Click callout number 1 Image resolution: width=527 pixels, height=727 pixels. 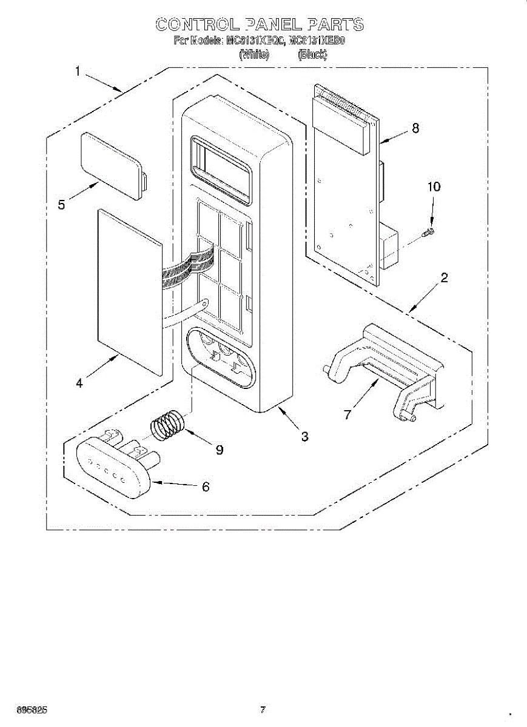pyautogui.click(x=78, y=71)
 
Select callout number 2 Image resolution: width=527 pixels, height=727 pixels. pyautogui.click(x=445, y=278)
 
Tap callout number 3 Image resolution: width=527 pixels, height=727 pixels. pyautogui.click(x=304, y=436)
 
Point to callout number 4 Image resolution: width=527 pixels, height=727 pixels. pyautogui.click(x=79, y=382)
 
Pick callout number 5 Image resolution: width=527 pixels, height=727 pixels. pyautogui.click(x=62, y=205)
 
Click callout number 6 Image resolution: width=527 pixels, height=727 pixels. pyautogui.click(x=206, y=486)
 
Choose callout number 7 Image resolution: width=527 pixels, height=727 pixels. pyautogui.click(x=347, y=414)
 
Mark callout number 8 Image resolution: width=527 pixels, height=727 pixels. pyautogui.click(x=415, y=128)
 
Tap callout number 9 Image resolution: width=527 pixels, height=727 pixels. pyautogui.click(x=219, y=450)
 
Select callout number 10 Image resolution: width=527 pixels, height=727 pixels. pyautogui.click(x=434, y=187)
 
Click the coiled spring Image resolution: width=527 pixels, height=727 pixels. pyautogui.click(x=167, y=424)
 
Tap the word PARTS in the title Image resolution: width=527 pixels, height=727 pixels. pyautogui.click(x=335, y=25)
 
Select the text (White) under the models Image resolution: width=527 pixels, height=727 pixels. pyautogui.click(x=253, y=55)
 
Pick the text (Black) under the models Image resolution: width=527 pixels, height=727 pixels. pyautogui.click(x=312, y=55)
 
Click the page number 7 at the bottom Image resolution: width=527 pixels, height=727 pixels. pyautogui.click(x=263, y=709)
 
